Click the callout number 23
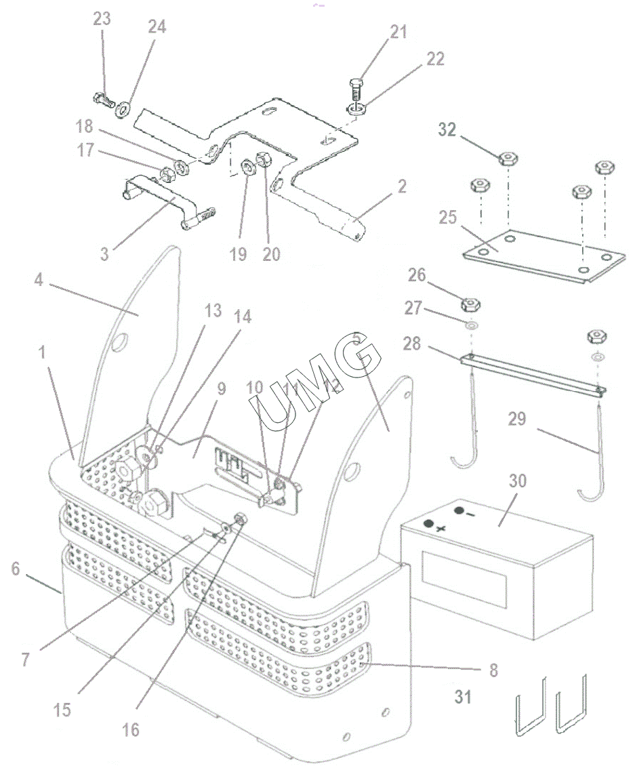pos(102,19)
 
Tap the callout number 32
pos(447,130)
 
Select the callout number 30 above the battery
pos(518,481)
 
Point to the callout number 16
pos(131,730)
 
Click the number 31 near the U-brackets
pos(463,696)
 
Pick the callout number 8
pos(493,670)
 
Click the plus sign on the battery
pos(440,529)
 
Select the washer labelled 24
pos(122,109)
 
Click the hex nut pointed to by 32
pos(509,159)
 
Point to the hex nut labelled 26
pos(470,305)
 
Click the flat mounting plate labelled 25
pos(544,256)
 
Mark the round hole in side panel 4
pos(119,342)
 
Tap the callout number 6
pos(15,569)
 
